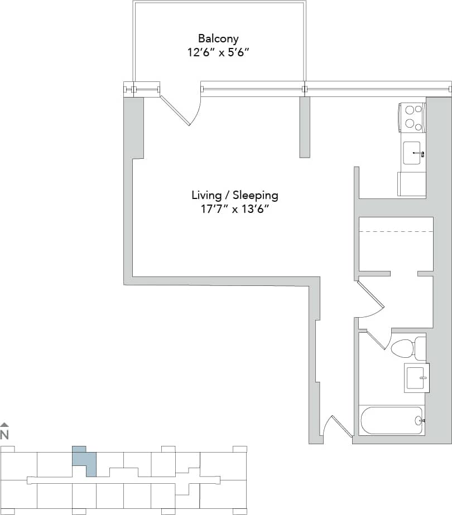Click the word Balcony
218,38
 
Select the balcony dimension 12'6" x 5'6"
218,53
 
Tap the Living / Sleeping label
234,195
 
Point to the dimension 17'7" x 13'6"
234,210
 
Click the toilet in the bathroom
406,348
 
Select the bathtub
391,420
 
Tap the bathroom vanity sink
416,377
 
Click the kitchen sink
413,152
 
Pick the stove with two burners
412,117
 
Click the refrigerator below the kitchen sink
412,184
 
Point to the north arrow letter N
4,434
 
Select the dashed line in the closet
396,231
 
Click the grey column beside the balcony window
305,127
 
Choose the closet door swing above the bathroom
370,298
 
